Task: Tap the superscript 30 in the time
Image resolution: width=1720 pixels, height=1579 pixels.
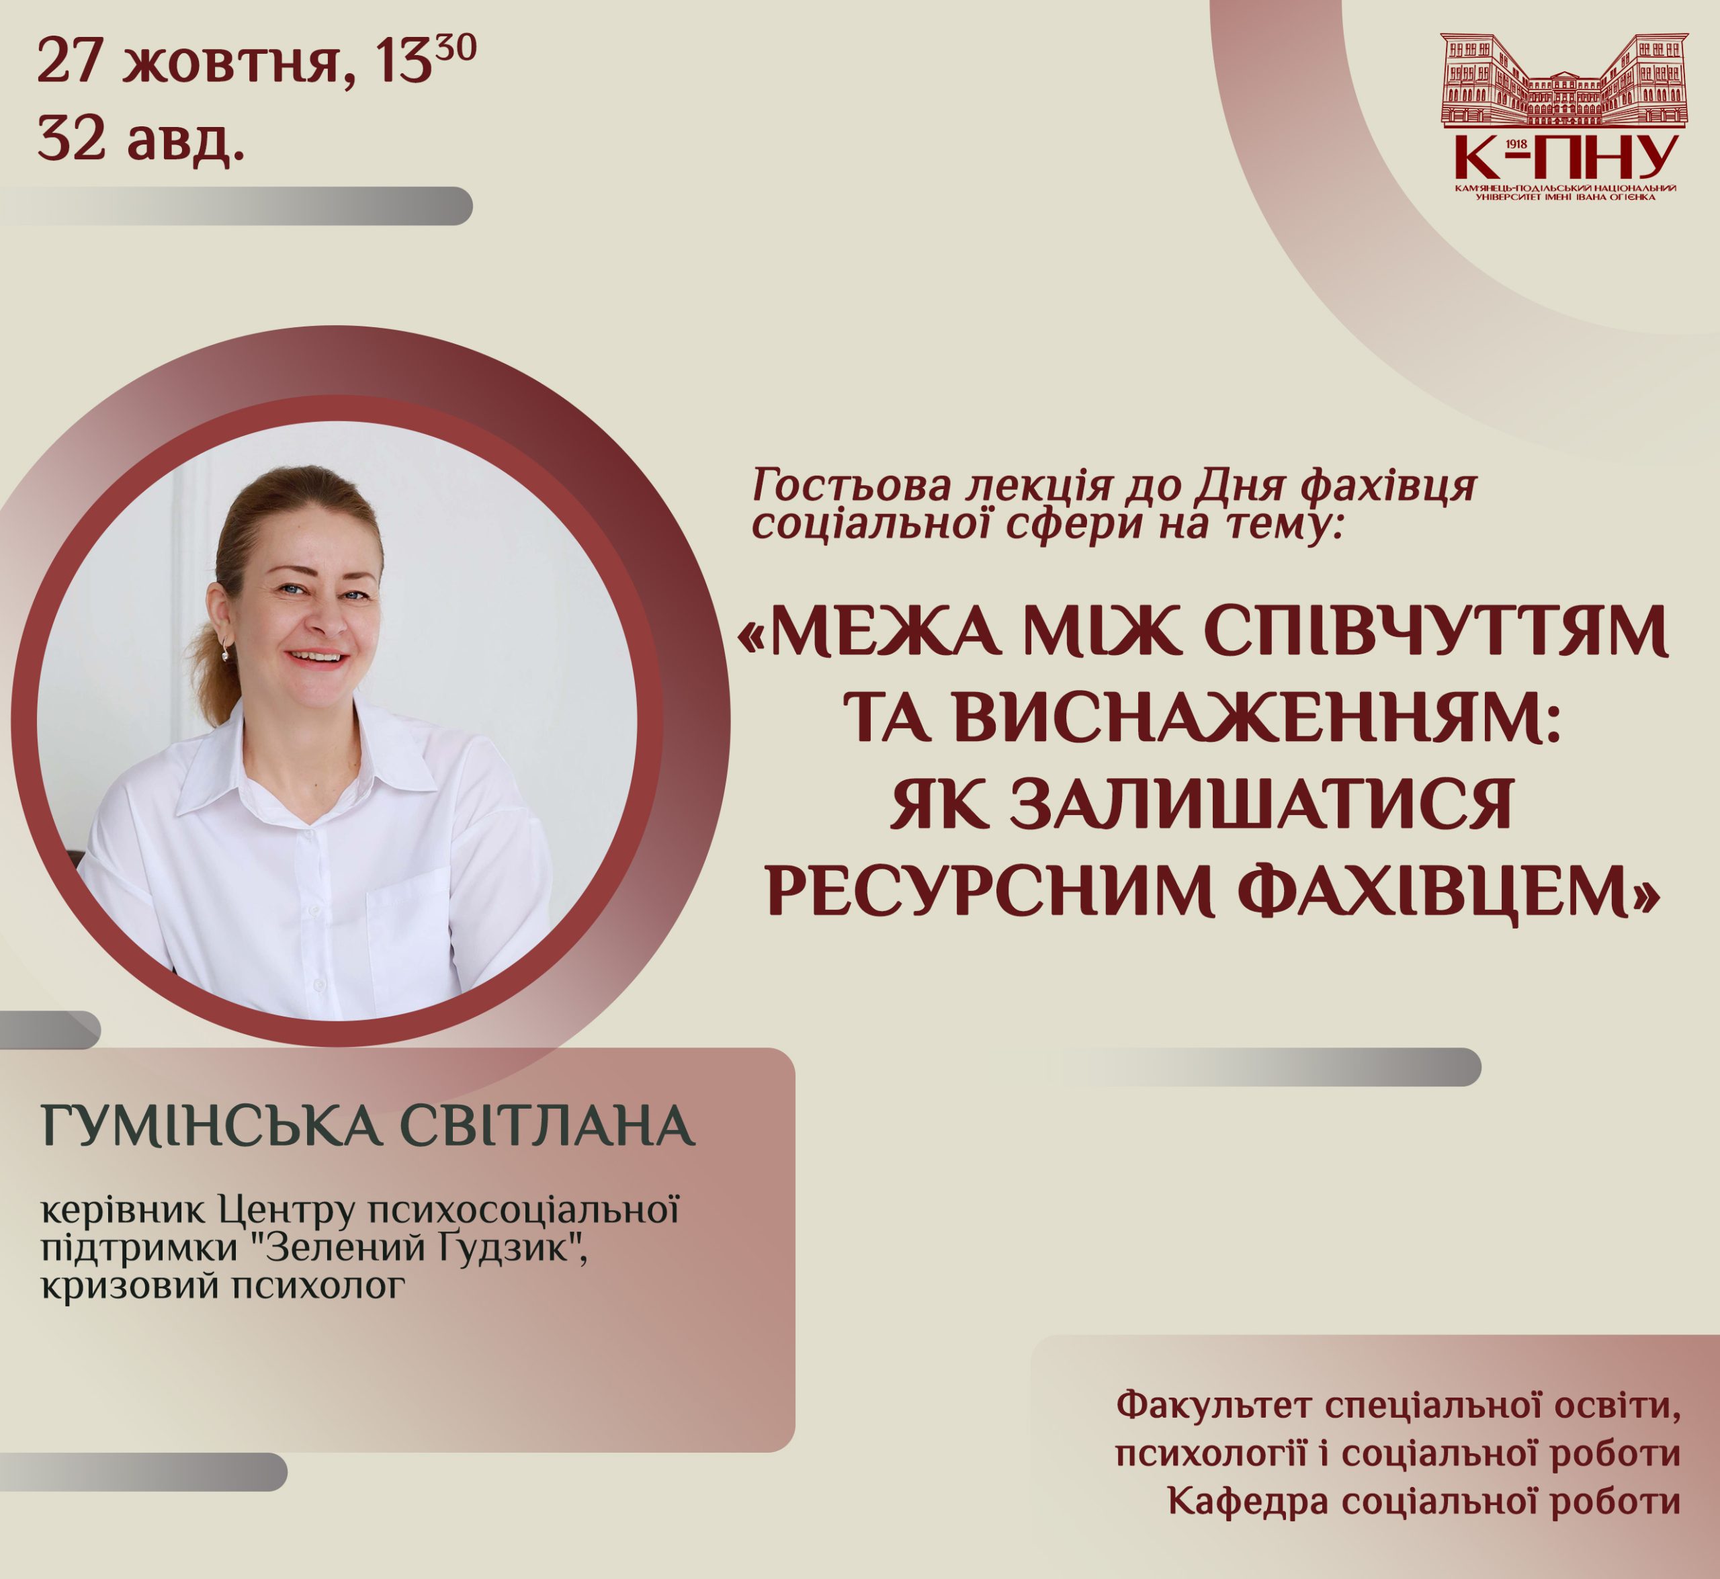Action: (x=456, y=46)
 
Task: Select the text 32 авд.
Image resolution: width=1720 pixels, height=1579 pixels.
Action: (x=142, y=138)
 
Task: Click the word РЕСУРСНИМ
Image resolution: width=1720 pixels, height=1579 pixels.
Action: (x=990, y=891)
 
